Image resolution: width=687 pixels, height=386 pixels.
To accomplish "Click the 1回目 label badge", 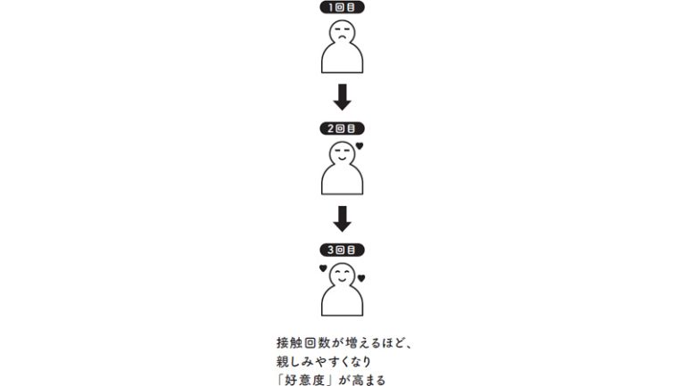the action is (343, 7).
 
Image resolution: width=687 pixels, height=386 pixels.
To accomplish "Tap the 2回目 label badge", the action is (343, 128).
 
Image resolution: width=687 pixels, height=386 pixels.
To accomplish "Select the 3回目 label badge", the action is (343, 250).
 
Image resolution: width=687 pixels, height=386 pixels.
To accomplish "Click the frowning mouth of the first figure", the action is (343, 37).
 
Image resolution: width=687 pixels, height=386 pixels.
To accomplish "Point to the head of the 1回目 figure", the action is (343, 32).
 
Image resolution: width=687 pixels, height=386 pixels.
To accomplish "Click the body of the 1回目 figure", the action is (343, 58).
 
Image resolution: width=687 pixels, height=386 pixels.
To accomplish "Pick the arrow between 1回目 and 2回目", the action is (343, 96).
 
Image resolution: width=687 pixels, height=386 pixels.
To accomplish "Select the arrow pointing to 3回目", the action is (343, 218).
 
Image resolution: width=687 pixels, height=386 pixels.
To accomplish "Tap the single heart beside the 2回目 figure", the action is (360, 146).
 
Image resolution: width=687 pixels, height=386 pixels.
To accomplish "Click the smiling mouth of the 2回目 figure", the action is (343, 158).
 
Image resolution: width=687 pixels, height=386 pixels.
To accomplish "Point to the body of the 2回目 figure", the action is (343, 179).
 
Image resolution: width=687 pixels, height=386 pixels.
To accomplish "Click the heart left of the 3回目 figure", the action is (323, 268).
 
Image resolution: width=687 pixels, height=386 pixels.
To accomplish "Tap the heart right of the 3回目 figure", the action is (361, 278).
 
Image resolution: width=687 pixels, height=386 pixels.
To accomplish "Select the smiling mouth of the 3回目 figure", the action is (343, 279).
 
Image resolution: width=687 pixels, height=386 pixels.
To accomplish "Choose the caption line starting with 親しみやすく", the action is (324, 362).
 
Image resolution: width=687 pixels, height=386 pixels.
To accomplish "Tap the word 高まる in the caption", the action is (368, 380).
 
